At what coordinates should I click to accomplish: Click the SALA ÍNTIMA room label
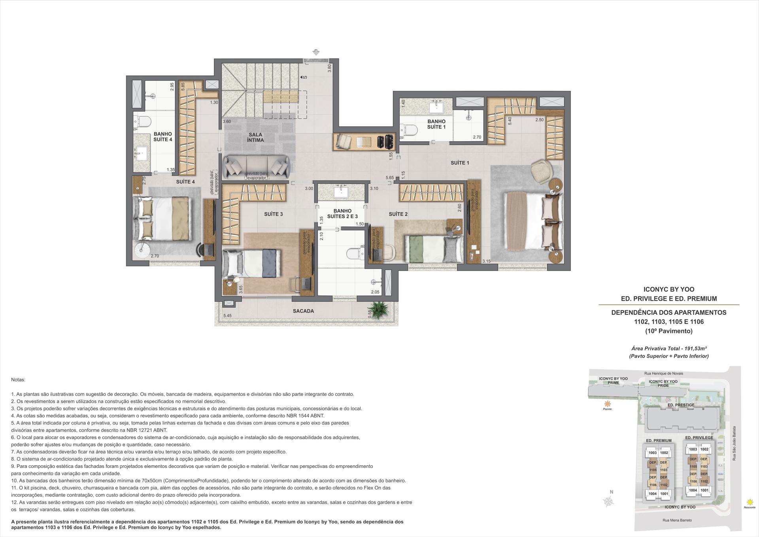(x=255, y=137)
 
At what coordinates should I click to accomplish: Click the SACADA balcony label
(x=303, y=311)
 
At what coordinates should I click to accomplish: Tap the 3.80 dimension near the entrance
(x=329, y=68)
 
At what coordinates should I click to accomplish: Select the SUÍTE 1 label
(x=460, y=163)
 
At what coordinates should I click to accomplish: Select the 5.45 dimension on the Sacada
(x=227, y=316)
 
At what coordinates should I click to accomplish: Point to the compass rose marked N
(x=609, y=501)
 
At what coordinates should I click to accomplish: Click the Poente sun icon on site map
(x=607, y=404)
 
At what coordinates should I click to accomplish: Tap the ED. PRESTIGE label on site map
(x=681, y=405)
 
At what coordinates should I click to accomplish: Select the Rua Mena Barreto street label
(x=677, y=520)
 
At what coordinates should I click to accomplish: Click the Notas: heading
(x=18, y=380)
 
